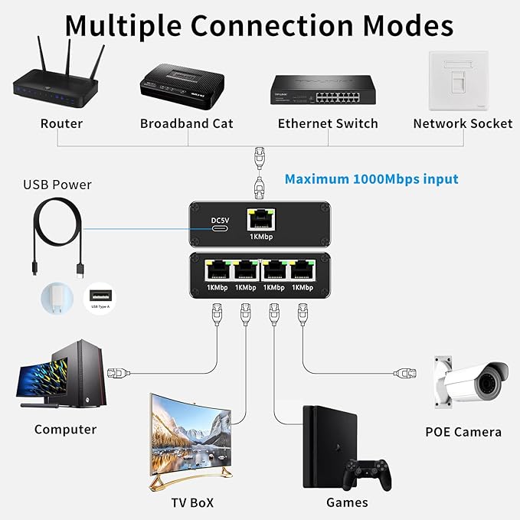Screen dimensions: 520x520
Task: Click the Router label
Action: [x=61, y=123]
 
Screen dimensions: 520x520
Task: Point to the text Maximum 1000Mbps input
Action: [x=371, y=179]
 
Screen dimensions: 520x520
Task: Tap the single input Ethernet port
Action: [x=260, y=220]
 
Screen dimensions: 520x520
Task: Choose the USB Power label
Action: [x=57, y=185]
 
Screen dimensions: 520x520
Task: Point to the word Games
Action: [x=347, y=503]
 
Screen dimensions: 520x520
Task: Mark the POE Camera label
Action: [x=463, y=432]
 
